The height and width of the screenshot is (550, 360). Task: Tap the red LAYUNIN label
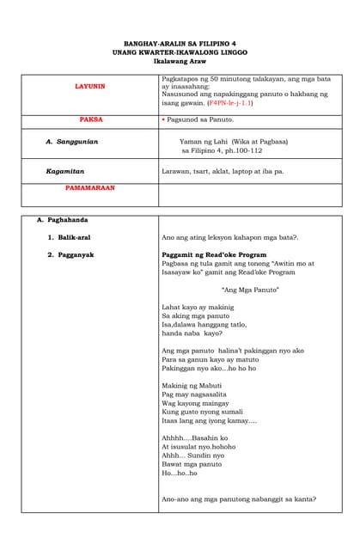pyautogui.click(x=89, y=87)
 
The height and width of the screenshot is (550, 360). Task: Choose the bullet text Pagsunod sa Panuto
pyautogui.click(x=199, y=121)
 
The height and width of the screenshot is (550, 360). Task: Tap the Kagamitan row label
pyautogui.click(x=65, y=171)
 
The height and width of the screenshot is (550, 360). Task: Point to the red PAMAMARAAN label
pyautogui.click(x=90, y=187)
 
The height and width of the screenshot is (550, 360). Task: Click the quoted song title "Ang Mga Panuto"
pyautogui.click(x=250, y=290)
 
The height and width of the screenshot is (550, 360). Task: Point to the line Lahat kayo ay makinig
pyautogui.click(x=197, y=307)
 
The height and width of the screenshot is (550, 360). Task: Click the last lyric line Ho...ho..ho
pyautogui.click(x=179, y=473)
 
